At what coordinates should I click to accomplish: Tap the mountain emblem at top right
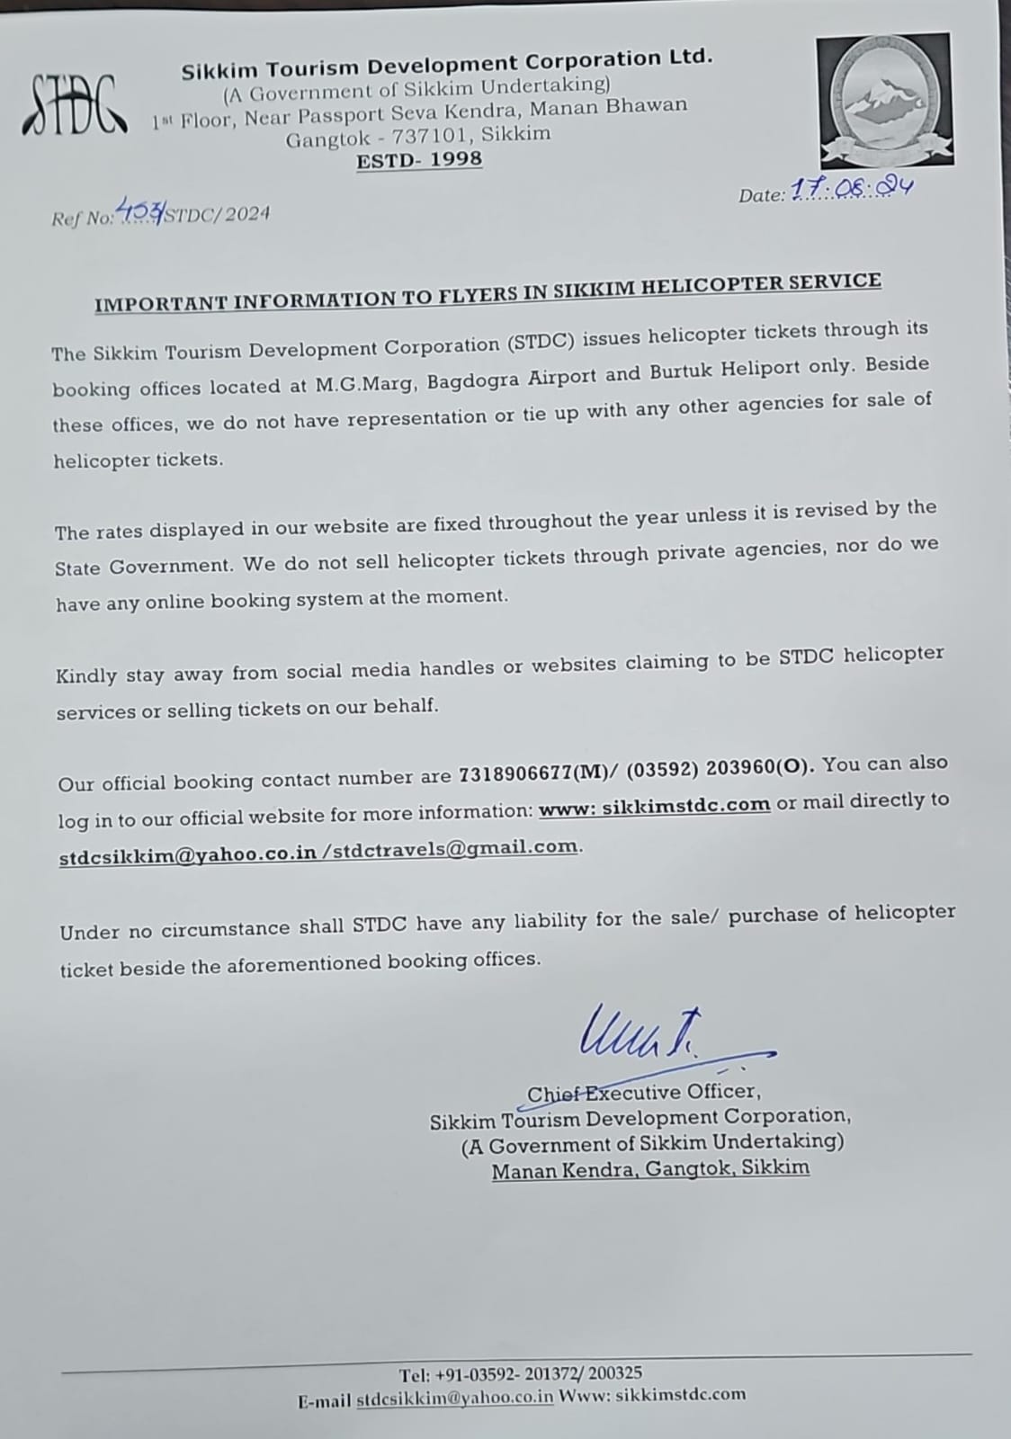[883, 99]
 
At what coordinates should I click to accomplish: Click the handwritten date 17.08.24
[851, 188]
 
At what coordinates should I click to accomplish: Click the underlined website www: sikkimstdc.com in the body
[654, 805]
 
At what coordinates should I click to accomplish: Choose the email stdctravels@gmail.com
[455, 847]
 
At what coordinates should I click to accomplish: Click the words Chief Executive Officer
[643, 1092]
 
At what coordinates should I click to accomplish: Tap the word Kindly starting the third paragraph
[86, 675]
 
